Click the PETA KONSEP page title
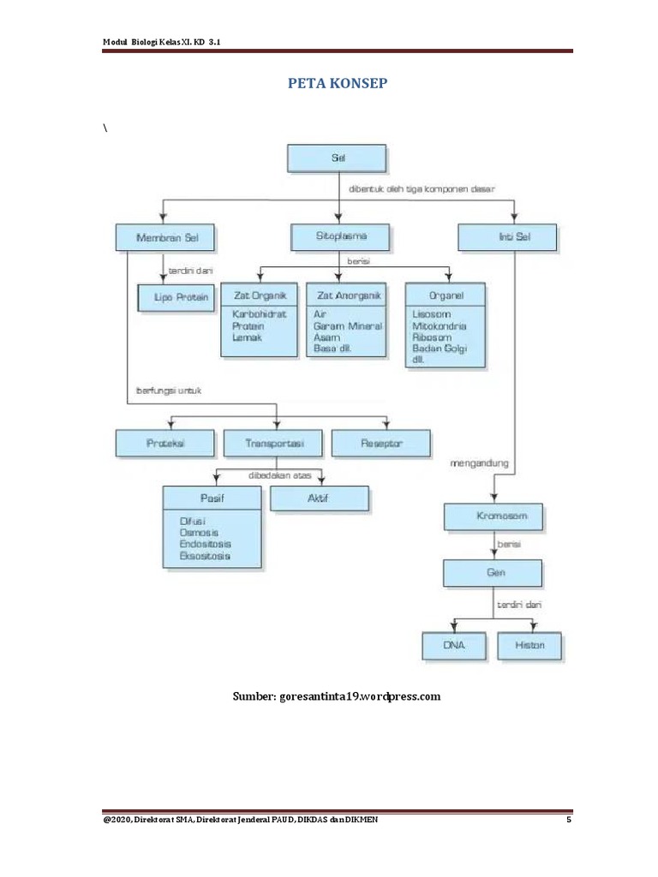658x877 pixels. (338, 83)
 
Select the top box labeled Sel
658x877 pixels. (337, 158)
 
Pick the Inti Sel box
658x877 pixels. (506, 237)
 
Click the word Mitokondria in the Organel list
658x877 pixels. (440, 326)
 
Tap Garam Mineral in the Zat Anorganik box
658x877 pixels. (347, 326)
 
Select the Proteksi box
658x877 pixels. (167, 443)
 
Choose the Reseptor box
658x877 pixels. (381, 443)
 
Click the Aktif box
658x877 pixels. (319, 498)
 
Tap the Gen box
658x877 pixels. (492, 572)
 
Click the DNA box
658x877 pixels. (454, 645)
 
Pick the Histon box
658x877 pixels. (530, 645)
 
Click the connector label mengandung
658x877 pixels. (479, 463)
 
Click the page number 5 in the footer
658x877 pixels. (568, 820)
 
